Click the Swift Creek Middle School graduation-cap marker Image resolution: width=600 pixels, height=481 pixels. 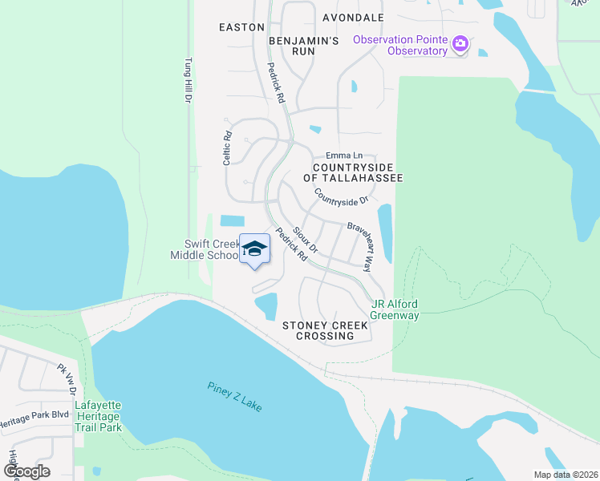pos(254,249)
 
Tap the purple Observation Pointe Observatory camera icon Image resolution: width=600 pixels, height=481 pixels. pos(460,43)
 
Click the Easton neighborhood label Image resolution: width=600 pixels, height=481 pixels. pos(241,27)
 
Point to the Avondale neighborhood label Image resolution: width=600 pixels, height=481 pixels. pos(353,17)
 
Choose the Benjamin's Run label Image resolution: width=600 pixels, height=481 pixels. pos(304,45)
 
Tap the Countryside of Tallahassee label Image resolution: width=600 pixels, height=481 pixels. pos(353,172)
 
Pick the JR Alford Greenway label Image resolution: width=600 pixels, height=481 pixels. pos(395,309)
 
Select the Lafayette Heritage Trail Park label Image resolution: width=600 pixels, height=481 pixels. pos(98,416)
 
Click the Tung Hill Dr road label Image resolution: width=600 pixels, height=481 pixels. pos(188,79)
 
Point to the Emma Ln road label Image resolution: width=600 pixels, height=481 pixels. pos(344,156)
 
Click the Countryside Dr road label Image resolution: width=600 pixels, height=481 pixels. pos(341,196)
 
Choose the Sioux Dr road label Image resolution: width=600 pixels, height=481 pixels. pos(306,239)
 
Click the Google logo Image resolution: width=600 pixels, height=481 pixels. pos(27,471)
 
